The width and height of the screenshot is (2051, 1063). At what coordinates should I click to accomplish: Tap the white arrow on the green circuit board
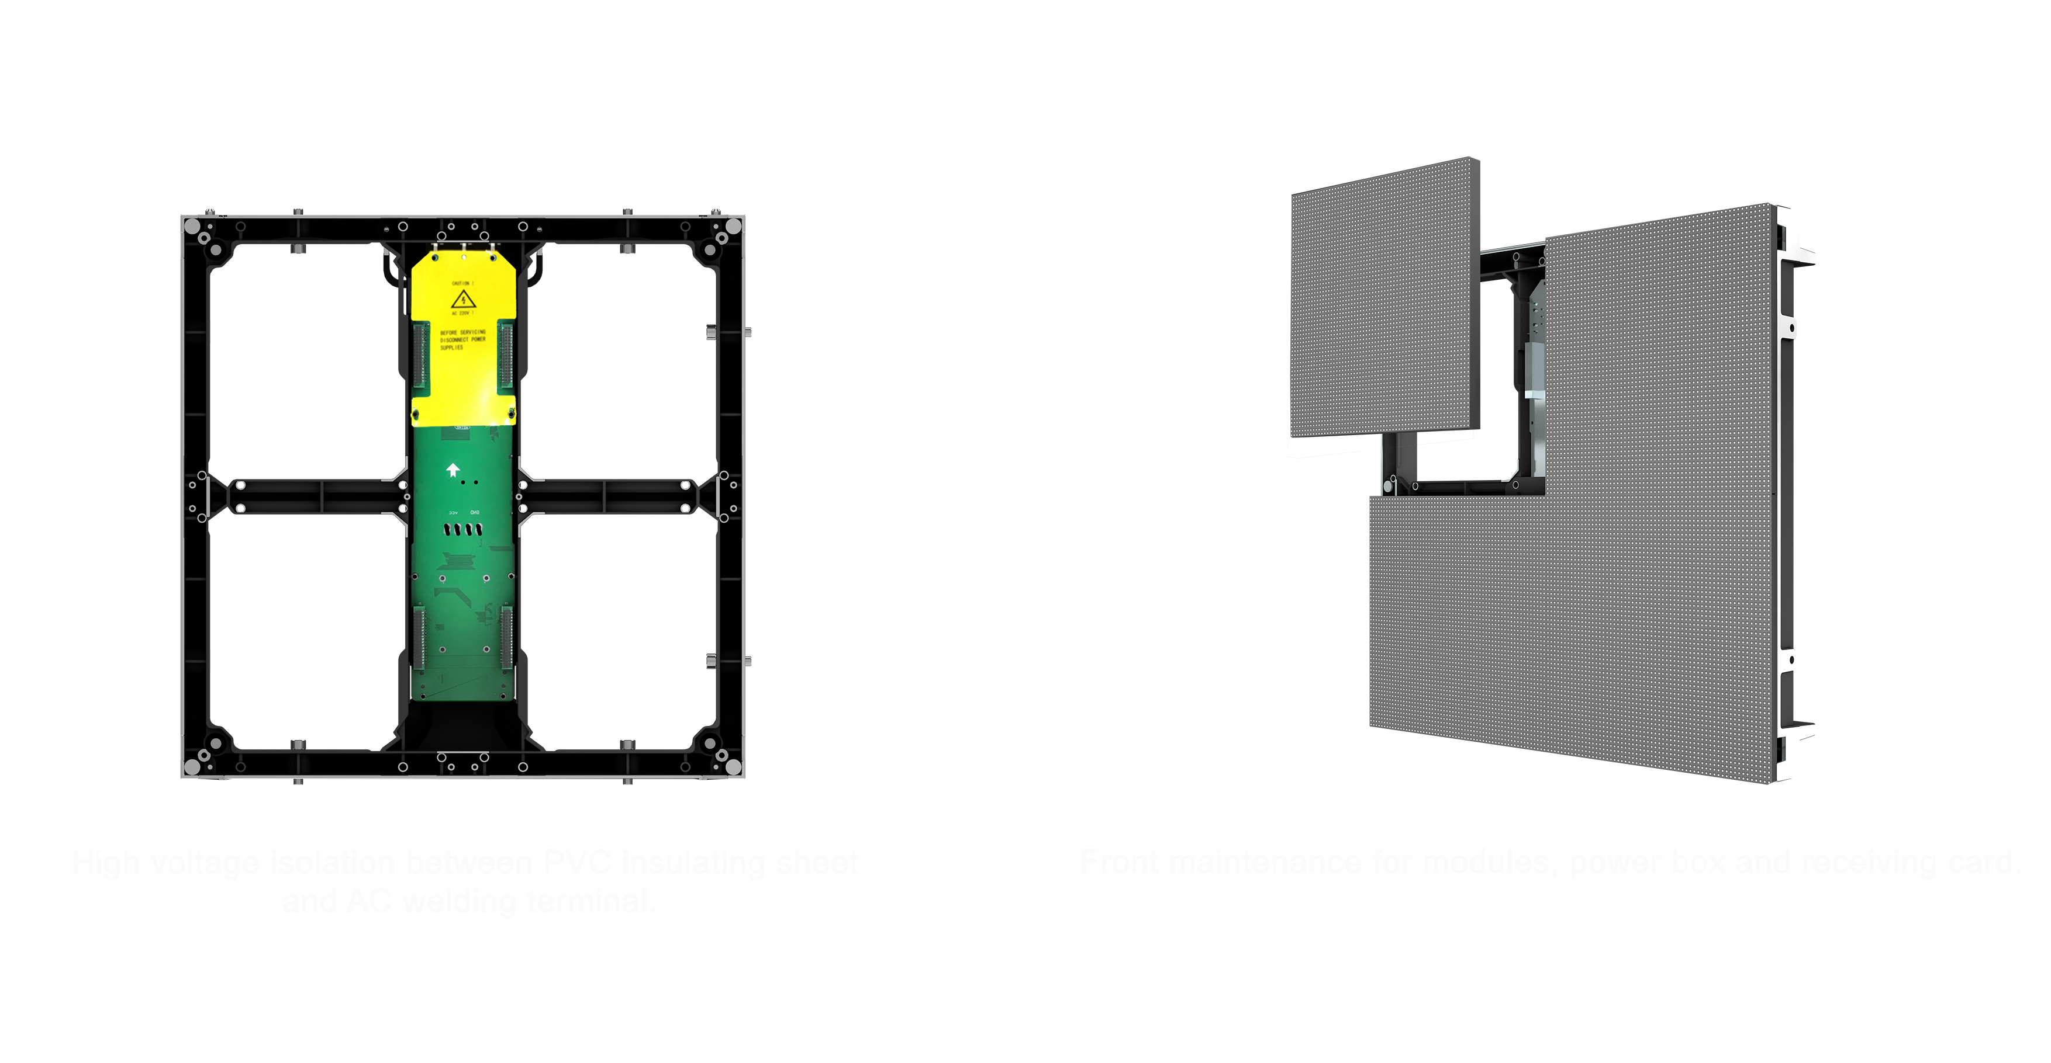click(453, 470)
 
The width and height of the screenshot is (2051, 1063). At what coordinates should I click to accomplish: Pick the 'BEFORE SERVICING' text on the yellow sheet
click(462, 332)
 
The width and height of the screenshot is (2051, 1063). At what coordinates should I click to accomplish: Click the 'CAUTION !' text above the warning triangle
click(462, 283)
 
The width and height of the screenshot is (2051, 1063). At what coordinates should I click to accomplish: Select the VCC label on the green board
click(453, 512)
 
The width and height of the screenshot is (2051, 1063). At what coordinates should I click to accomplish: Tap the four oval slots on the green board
click(464, 529)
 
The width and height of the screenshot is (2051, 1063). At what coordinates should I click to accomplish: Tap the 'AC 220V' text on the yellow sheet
click(462, 314)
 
